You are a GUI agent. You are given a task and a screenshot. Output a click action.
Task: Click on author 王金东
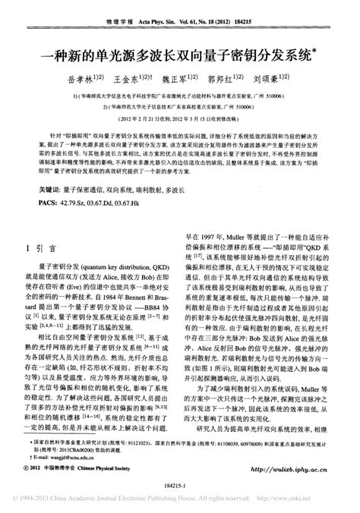[x=126, y=78]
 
